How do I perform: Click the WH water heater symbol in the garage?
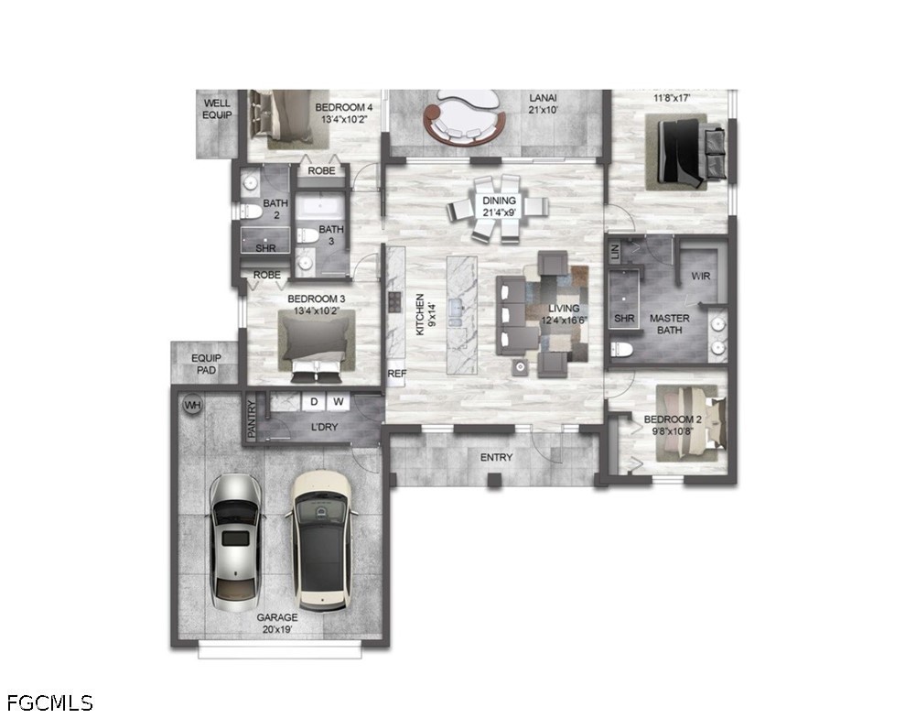pos(192,405)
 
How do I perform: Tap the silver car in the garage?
pos(235,542)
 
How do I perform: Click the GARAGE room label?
pos(277,617)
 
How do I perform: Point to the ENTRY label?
pos(497,457)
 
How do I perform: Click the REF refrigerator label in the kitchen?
pos(396,373)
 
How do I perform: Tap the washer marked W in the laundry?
pos(339,402)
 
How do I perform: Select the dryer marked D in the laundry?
pos(314,402)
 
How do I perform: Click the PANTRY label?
pos(252,419)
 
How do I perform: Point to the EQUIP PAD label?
pos(206,364)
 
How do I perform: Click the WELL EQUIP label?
pos(217,109)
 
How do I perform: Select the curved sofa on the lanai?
pos(465,121)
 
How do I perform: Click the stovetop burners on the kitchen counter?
pos(395,302)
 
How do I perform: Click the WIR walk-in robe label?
pos(700,276)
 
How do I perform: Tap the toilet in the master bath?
pos(621,350)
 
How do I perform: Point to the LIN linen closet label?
pos(615,252)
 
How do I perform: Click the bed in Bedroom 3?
pos(317,345)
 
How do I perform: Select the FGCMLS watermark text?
pos(49,702)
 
